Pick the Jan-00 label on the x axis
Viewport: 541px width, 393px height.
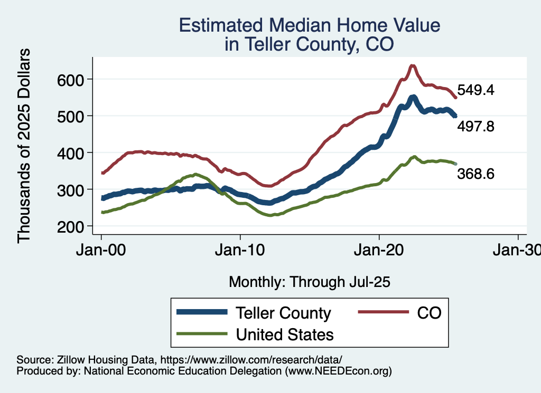[x=101, y=251]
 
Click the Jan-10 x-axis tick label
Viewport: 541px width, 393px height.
[x=240, y=251]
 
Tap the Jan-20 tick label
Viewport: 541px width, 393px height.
[x=379, y=251]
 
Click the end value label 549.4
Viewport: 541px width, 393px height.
[x=476, y=90]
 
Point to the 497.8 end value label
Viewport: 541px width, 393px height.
[x=476, y=127]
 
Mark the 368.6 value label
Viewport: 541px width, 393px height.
[x=476, y=174]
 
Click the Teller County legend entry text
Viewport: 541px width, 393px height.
[x=283, y=313]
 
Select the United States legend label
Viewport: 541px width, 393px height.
[x=285, y=334]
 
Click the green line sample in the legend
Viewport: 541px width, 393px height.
[x=202, y=334]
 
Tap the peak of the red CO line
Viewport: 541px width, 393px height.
[x=413, y=65]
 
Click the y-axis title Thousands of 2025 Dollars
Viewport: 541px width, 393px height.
[x=24, y=146]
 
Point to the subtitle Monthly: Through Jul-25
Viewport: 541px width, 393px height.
[x=310, y=282]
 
